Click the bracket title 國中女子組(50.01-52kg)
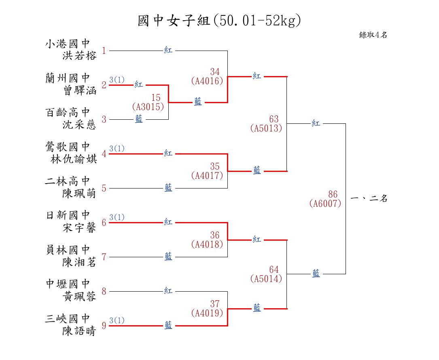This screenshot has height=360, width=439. pos(219,20)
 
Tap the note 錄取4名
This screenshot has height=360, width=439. pos(373,35)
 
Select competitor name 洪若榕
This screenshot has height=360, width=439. pos(80,56)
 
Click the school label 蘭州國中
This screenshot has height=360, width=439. pos(68,78)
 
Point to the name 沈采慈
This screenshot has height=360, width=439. pos(80,125)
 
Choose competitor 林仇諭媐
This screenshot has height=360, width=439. pos(74,159)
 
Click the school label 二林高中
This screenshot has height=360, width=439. pos(68,181)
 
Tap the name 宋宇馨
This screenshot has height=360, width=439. pos(80,228)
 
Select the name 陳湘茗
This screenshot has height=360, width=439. pos(80,262)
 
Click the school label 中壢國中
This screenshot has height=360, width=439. pos(68,284)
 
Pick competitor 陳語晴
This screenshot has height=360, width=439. pos(80,331)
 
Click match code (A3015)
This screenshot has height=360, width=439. pos(148,107)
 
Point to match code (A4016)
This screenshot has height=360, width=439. pos(207,81)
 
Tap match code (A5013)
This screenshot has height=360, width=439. pos(266,128)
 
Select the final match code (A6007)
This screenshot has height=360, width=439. pos(325,204)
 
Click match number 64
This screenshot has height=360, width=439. pos(274,269)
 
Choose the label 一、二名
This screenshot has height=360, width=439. pos(369,199)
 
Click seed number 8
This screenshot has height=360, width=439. pos(104,291)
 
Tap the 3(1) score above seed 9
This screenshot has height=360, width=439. pos(117,320)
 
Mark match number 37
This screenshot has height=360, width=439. pos(215,304)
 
